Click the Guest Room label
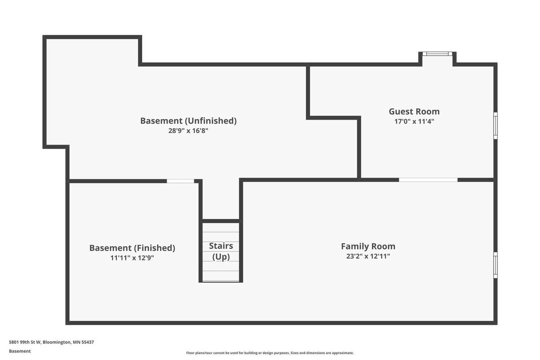coord(414,112)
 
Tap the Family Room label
coord(368,246)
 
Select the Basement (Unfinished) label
coord(188,121)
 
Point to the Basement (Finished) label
coord(132,248)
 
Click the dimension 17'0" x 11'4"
coord(414,121)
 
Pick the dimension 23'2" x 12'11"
coord(368,256)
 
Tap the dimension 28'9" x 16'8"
coord(188,131)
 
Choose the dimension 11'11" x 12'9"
coord(132,258)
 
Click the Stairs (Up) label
coord(221,251)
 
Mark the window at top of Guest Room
coord(437,54)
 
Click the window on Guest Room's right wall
coord(495,126)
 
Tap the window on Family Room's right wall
coord(495,265)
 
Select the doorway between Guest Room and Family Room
coord(428,180)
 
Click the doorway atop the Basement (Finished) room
coord(180,181)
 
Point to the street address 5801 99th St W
coord(25,342)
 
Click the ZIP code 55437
coord(87,342)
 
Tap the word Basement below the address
coord(20,351)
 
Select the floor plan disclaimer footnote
coord(270,353)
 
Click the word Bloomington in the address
coord(57,342)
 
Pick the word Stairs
coord(221,246)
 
